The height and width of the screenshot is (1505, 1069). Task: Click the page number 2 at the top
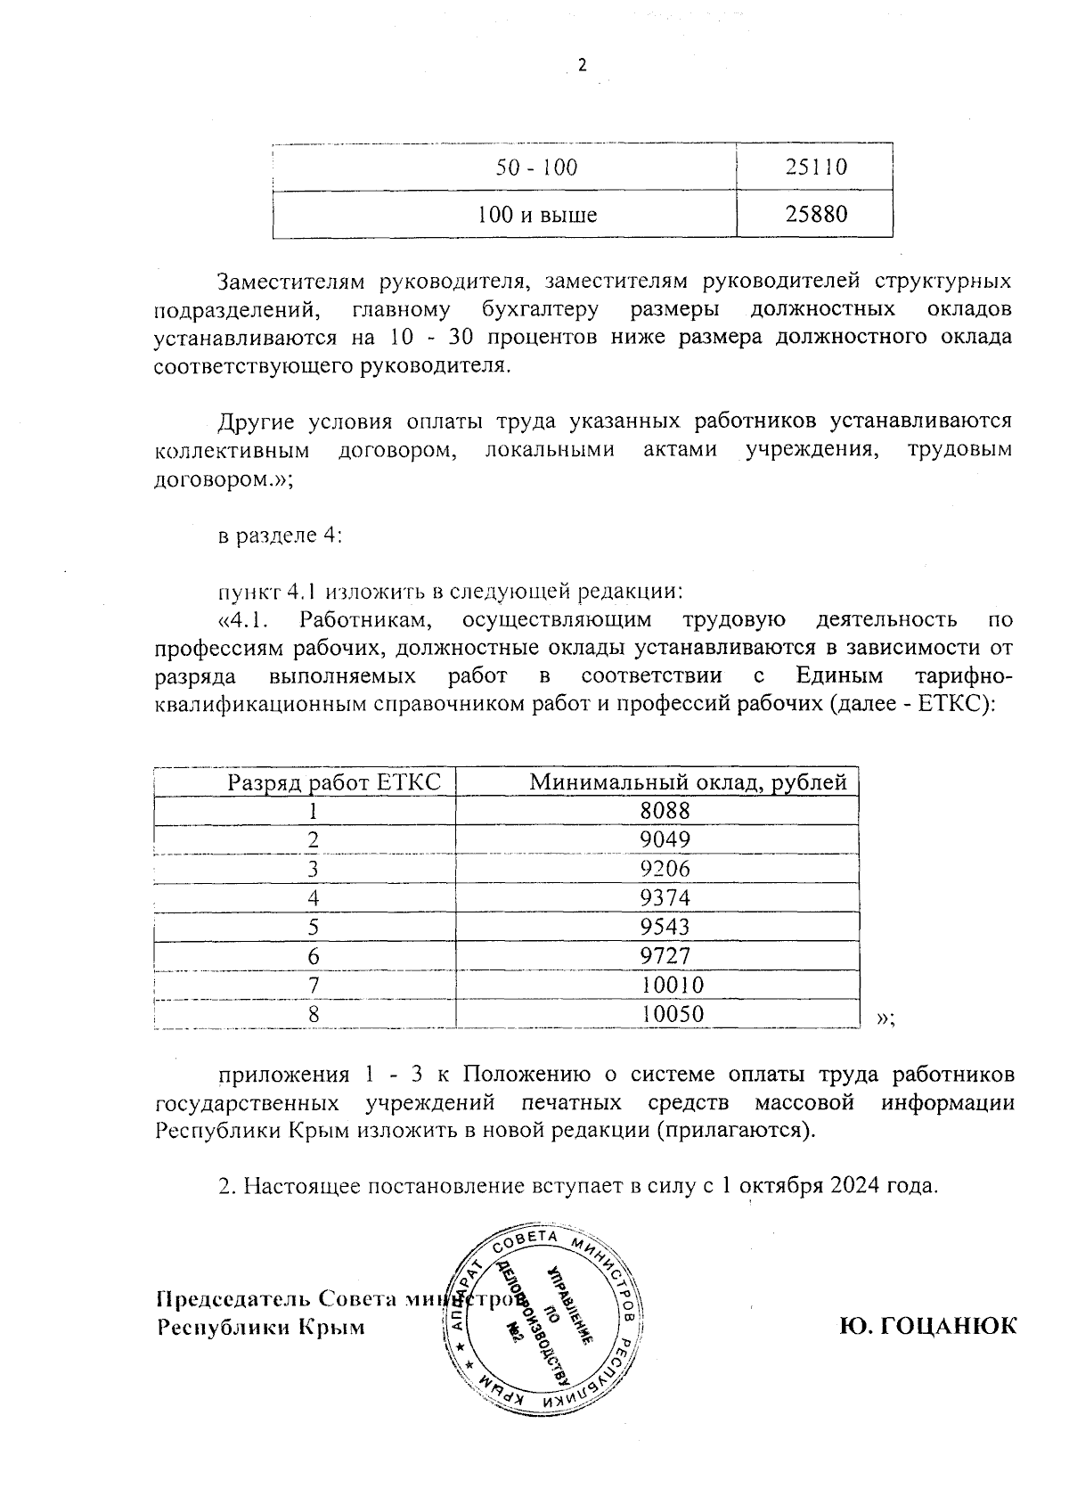pos(583,66)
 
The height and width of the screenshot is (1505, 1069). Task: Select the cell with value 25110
pos(816,167)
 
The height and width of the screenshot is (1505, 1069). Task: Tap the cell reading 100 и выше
pos(536,215)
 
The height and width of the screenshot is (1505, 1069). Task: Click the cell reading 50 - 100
pos(536,167)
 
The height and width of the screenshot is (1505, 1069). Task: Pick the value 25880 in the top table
pos(816,215)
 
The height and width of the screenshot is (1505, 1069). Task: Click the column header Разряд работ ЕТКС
pos(334,782)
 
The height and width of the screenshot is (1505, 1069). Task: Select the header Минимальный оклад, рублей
pos(688,782)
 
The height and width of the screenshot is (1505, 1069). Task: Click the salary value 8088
pos(665,810)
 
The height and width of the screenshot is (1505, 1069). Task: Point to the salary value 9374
pos(665,897)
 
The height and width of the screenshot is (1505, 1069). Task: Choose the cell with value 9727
pos(665,956)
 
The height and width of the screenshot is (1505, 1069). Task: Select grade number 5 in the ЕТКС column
pos(313,927)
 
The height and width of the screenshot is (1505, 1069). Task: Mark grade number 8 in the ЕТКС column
pos(313,1014)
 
